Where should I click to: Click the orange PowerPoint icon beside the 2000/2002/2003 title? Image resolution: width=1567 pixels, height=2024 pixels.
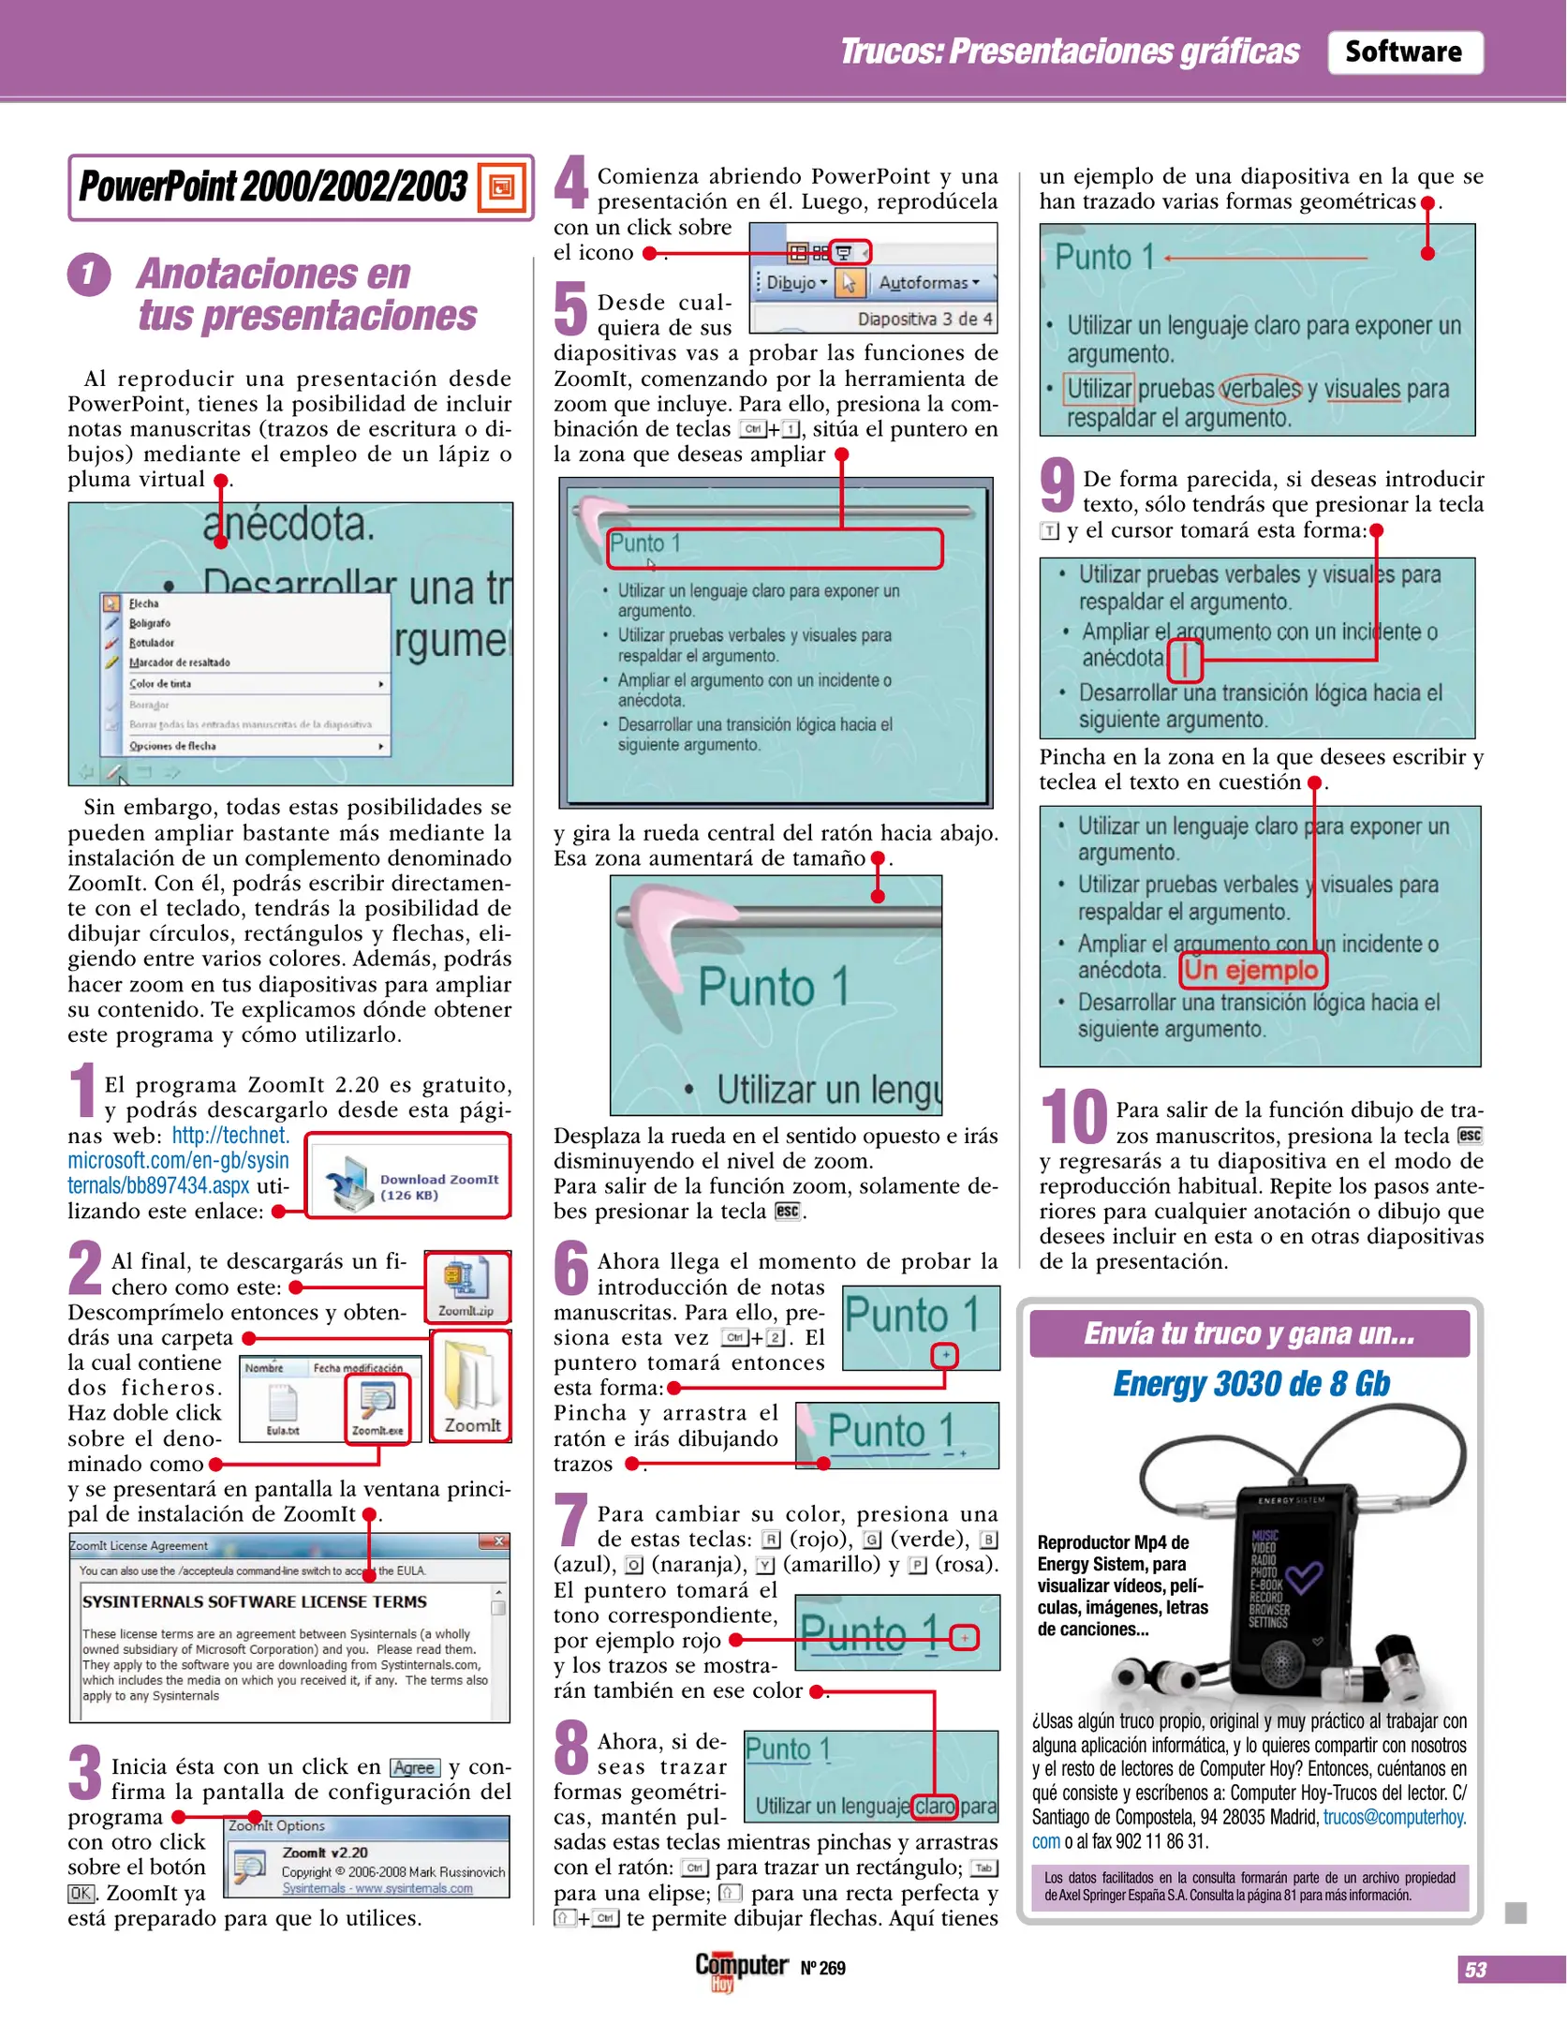pos(502,187)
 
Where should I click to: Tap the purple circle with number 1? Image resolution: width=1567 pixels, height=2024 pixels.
pos(89,275)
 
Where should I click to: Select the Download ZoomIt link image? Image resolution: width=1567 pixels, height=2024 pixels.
pos(408,1176)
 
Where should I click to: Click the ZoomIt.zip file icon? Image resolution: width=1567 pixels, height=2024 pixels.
pos(466,1285)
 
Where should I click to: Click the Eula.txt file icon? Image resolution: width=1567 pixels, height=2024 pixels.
pos(282,1406)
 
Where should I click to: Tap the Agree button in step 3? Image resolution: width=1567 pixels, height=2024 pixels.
pos(414,1767)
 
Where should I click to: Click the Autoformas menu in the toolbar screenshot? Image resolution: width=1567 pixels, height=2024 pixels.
pos(928,282)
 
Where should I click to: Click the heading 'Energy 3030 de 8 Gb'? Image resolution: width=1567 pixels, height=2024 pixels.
pos(1250,1384)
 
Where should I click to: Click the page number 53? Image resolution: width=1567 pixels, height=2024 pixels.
pos(1475,1970)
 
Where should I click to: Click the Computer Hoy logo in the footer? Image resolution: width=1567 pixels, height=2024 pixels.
pos(740,1968)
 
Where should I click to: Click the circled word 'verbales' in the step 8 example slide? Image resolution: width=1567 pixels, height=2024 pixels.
pos(1261,388)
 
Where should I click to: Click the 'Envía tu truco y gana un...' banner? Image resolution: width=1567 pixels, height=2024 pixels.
pos(1249,1333)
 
